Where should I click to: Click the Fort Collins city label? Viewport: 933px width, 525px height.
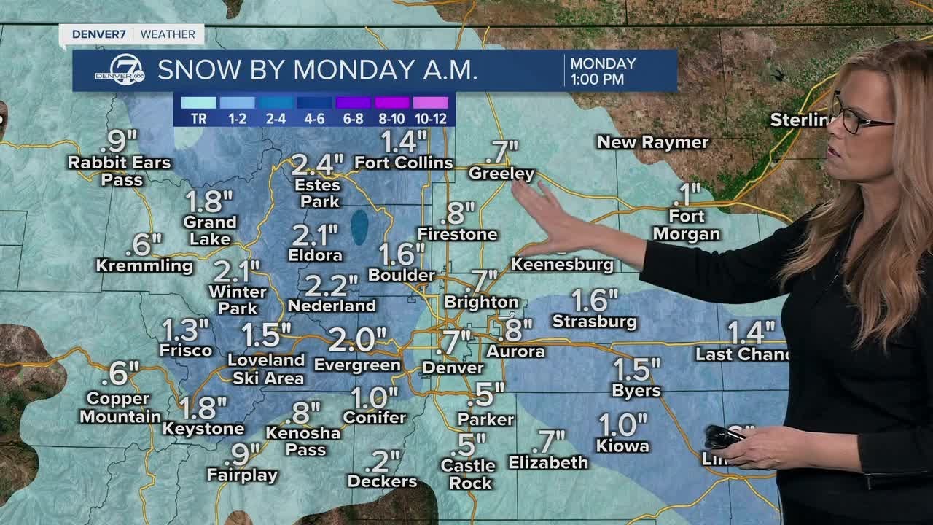pyautogui.click(x=404, y=163)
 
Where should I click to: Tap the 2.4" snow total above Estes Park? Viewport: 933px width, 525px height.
pyautogui.click(x=316, y=165)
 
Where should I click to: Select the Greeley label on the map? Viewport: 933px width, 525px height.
pyautogui.click(x=501, y=174)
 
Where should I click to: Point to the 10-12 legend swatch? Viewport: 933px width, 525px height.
pyautogui.click(x=430, y=103)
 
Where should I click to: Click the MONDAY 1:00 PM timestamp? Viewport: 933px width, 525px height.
pyautogui.click(x=603, y=71)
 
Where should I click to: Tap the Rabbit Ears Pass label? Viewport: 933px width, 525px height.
pyautogui.click(x=120, y=171)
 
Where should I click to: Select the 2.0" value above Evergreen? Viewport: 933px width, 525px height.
pyautogui.click(x=357, y=339)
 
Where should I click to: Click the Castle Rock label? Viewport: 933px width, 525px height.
pyautogui.click(x=468, y=474)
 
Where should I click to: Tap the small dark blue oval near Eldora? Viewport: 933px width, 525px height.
pyautogui.click(x=359, y=227)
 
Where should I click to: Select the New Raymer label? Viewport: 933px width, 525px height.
pyautogui.click(x=652, y=142)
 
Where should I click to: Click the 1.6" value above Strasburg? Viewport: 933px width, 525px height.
pyautogui.click(x=595, y=300)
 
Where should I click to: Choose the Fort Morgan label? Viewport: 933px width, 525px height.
pyautogui.click(x=686, y=225)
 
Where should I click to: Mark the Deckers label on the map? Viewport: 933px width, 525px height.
pyautogui.click(x=382, y=481)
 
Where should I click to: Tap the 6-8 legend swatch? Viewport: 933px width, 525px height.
pyautogui.click(x=353, y=103)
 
